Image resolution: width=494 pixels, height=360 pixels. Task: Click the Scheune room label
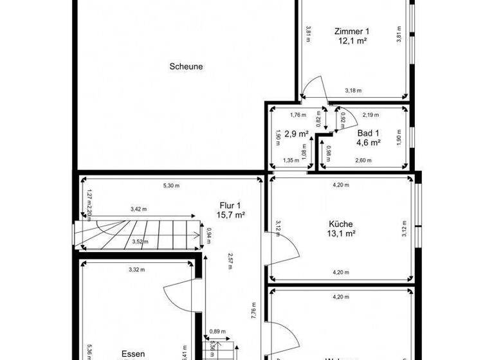pos(187,66)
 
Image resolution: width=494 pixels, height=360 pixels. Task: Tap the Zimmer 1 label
pos(352,31)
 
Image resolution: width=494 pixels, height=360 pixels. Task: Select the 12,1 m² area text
pos(352,40)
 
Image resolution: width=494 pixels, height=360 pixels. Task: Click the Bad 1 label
pos(369,132)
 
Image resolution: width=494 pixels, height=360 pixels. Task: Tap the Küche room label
pos(341,224)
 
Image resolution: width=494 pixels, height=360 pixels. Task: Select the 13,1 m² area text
pos(341,234)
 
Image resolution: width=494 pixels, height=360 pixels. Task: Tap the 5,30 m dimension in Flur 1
pos(171,186)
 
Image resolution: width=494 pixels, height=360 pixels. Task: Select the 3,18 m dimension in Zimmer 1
pos(354,90)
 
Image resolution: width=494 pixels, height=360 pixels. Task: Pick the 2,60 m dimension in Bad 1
pos(364,161)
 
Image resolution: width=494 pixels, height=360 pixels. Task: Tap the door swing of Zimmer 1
pos(313,89)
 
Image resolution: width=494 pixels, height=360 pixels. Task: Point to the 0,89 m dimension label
pos(217,332)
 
